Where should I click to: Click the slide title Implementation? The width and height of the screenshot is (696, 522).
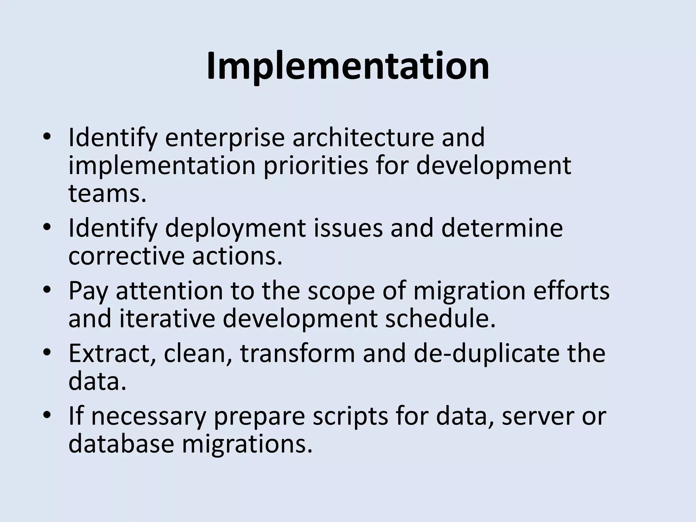[348, 66]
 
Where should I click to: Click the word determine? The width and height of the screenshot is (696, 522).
[502, 228]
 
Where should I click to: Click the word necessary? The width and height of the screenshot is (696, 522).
[149, 417]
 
